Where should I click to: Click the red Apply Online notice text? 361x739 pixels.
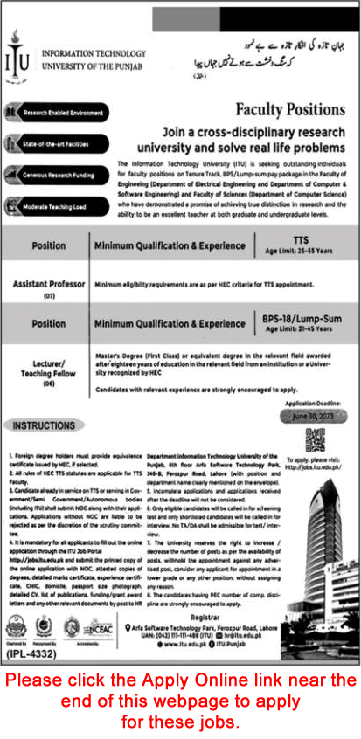(x=180, y=701)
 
